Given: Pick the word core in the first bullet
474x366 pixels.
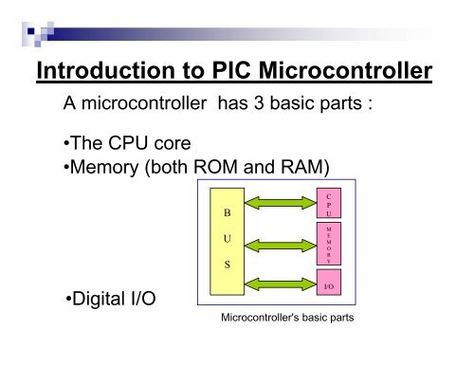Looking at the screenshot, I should click(x=168, y=147).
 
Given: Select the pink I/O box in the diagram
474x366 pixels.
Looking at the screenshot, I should click(x=328, y=282).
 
